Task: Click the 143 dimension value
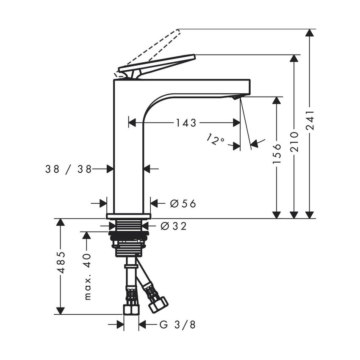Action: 186,123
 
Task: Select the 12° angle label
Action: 216,139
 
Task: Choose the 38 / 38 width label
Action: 68,169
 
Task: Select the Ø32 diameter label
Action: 174,227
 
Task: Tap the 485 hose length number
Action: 61,262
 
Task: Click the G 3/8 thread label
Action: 178,325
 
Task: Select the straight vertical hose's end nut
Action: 131,309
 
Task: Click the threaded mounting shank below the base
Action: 129,239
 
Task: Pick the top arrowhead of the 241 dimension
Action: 310,33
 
